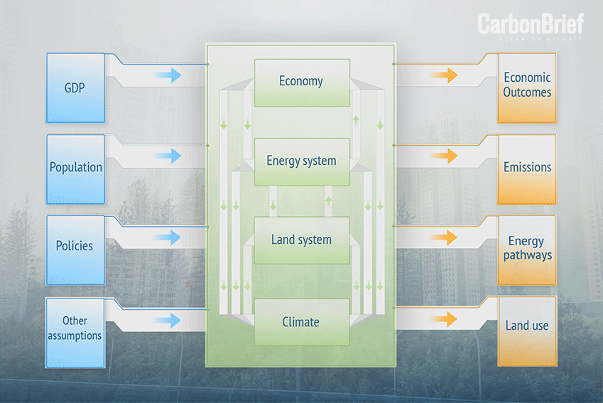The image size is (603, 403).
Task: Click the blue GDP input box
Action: click(x=75, y=88)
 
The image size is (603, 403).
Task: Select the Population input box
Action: click(x=75, y=169)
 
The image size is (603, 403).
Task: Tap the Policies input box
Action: click(x=75, y=250)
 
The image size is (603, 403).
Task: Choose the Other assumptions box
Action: click(x=75, y=333)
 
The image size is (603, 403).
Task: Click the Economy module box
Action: click(x=302, y=82)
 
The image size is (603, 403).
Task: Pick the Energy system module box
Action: click(x=302, y=162)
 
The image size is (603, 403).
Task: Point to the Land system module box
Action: click(x=302, y=240)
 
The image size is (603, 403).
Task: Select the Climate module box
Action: click(x=302, y=322)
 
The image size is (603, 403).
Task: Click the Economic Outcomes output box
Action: click(x=527, y=88)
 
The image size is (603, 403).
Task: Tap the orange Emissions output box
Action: click(x=527, y=169)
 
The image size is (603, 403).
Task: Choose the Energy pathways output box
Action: click(x=527, y=250)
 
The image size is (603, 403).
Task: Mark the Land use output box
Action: click(x=527, y=331)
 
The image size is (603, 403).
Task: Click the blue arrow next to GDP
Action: click(x=168, y=75)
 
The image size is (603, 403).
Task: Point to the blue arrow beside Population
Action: click(x=168, y=156)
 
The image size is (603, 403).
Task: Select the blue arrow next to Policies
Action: click(x=168, y=238)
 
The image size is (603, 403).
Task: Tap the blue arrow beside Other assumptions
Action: click(x=168, y=321)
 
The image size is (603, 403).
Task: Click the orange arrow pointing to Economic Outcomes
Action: click(x=444, y=75)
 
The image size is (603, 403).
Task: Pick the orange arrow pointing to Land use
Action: click(x=444, y=319)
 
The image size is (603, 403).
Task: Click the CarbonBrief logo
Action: click(x=531, y=26)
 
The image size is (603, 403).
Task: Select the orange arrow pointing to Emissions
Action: click(x=444, y=156)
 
